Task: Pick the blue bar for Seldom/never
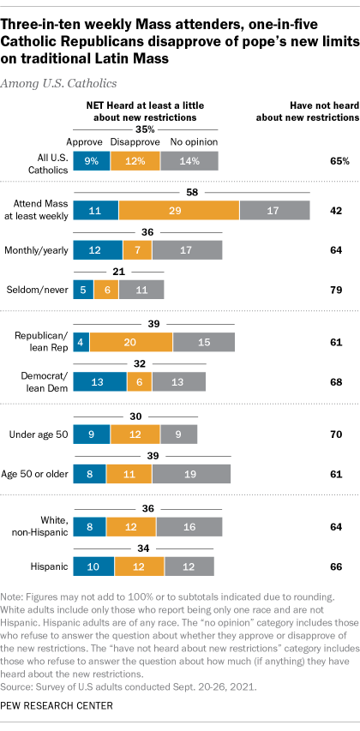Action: tap(83, 289)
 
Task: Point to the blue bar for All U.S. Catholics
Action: tap(90, 160)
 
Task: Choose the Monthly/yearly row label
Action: tap(39, 249)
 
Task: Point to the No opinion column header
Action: tap(195, 141)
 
